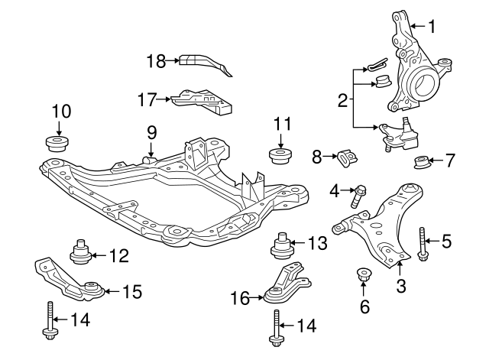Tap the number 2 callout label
coord(343,99)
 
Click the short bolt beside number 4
coord(358,196)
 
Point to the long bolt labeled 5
coord(422,244)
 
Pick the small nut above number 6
coord(364,274)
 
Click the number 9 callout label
coord(151,132)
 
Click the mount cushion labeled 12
coord(80,251)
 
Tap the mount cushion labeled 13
coord(283,247)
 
